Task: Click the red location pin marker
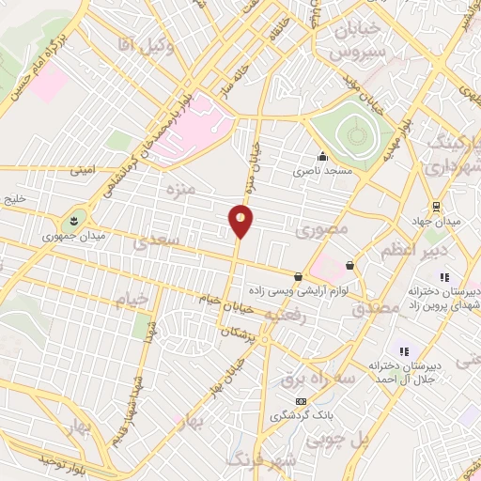tap(240, 220)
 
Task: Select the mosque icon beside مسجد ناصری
tap(323, 157)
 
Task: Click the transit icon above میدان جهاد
tap(436, 206)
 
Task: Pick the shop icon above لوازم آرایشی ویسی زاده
tap(298, 276)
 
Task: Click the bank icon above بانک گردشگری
tap(301, 401)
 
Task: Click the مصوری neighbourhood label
tap(322, 228)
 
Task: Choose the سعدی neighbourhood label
tap(153, 242)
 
